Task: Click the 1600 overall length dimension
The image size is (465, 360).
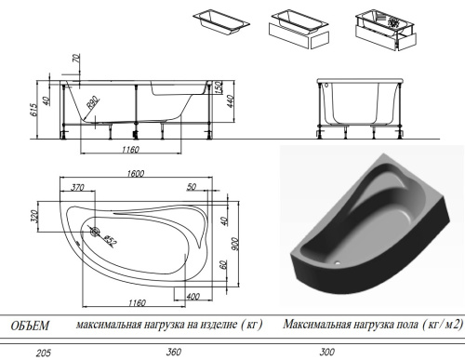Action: tap(136, 173)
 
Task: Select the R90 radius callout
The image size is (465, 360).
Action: tap(93, 102)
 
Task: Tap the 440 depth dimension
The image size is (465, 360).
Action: tap(231, 101)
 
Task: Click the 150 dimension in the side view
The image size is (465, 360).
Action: tap(219, 87)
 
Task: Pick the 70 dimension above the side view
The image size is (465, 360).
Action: tap(76, 59)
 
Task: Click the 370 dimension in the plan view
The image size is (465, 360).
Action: tap(77, 187)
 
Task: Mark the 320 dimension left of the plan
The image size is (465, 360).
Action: tap(34, 217)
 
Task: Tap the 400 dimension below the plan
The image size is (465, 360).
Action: tap(193, 297)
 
